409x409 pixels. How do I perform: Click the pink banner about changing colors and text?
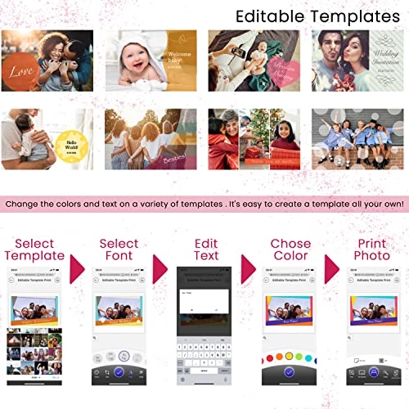[x=204, y=201]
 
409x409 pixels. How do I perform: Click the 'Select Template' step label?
[x=34, y=249]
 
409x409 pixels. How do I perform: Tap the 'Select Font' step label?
[x=119, y=249]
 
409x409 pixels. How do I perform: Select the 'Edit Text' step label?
[x=205, y=249]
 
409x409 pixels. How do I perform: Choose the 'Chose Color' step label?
[x=291, y=249]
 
